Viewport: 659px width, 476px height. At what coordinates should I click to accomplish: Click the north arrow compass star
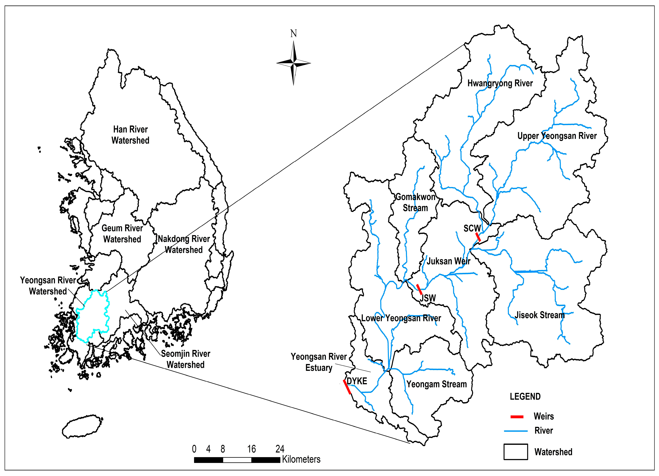(293, 63)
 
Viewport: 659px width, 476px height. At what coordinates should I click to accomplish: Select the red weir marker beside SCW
(478, 237)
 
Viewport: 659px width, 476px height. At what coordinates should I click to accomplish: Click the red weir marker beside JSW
(419, 289)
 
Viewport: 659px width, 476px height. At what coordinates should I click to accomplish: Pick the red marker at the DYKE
(347, 387)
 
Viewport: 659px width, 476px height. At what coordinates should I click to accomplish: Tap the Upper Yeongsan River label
(557, 136)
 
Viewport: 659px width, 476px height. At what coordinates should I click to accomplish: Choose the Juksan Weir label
(448, 261)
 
